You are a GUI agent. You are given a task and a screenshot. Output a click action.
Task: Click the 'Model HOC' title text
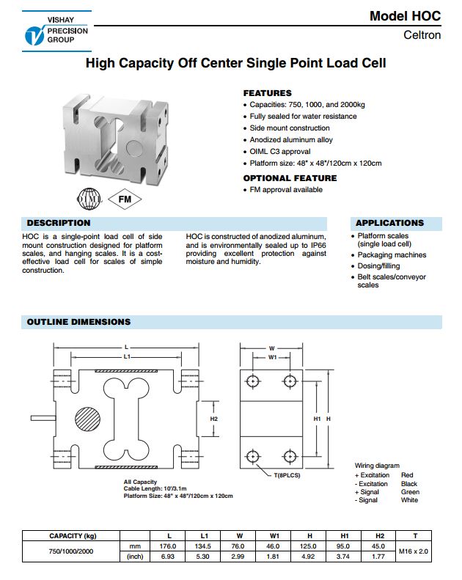coord(405,16)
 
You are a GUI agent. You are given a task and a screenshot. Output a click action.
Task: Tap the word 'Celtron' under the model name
coord(422,35)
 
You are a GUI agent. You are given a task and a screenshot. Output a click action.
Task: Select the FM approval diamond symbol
coord(123,199)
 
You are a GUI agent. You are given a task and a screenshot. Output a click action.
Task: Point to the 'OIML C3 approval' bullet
coord(281,151)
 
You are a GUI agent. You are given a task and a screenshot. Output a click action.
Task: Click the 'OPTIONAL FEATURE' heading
coord(290,178)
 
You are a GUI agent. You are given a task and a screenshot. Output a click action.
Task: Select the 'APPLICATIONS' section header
coord(389,223)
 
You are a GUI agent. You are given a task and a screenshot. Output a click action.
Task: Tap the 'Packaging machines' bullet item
coord(392,255)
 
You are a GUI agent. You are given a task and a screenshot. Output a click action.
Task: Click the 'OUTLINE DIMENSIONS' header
coord(78,322)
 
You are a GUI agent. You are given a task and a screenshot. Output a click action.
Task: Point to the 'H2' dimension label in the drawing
coord(214,419)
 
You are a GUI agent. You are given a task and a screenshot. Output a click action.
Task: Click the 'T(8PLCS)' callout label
coord(287,476)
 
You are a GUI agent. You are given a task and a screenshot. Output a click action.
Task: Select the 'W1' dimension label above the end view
coord(272,358)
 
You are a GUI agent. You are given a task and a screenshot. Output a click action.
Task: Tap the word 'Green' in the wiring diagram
coord(410,492)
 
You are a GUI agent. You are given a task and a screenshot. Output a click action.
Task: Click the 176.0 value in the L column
coord(168,546)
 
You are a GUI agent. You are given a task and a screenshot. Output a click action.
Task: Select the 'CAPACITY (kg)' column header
coord(73,535)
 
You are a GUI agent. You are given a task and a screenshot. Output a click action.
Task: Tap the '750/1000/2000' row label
coord(73,551)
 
